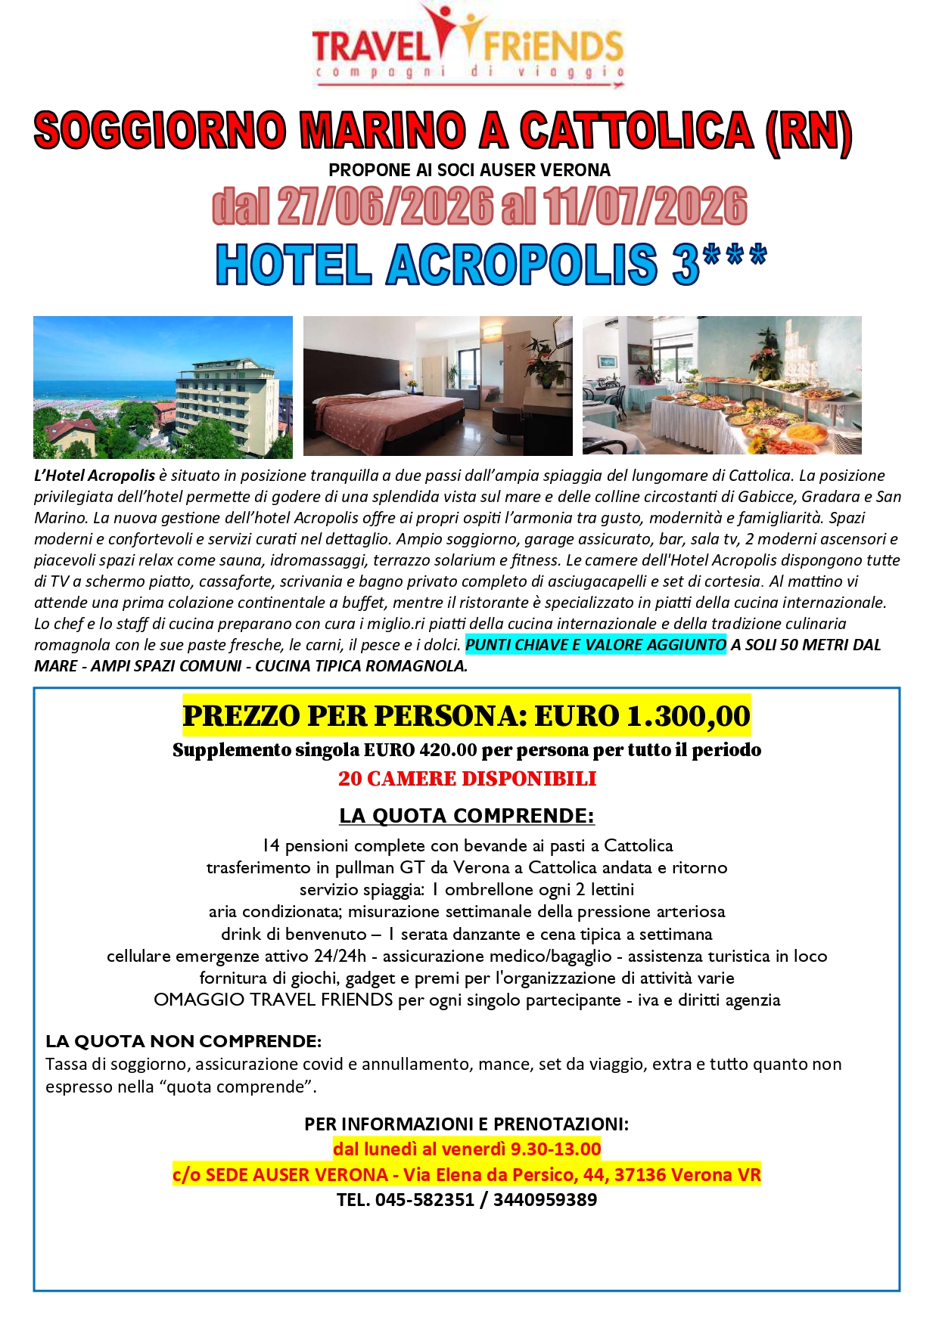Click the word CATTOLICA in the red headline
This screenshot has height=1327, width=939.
636,130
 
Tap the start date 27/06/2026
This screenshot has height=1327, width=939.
385,207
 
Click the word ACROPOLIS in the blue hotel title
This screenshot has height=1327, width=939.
522,265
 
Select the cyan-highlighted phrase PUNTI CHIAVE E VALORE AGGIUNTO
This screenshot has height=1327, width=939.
595,645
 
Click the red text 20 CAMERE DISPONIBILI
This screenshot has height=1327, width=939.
467,779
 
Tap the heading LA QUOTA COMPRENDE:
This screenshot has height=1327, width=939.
467,816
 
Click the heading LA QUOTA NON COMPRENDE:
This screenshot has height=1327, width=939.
183,1041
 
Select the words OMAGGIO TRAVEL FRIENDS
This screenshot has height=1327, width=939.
273,1000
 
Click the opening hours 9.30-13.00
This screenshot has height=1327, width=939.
555,1149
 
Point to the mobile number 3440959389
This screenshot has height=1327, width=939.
545,1200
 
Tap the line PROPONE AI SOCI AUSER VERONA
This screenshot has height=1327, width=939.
469,170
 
